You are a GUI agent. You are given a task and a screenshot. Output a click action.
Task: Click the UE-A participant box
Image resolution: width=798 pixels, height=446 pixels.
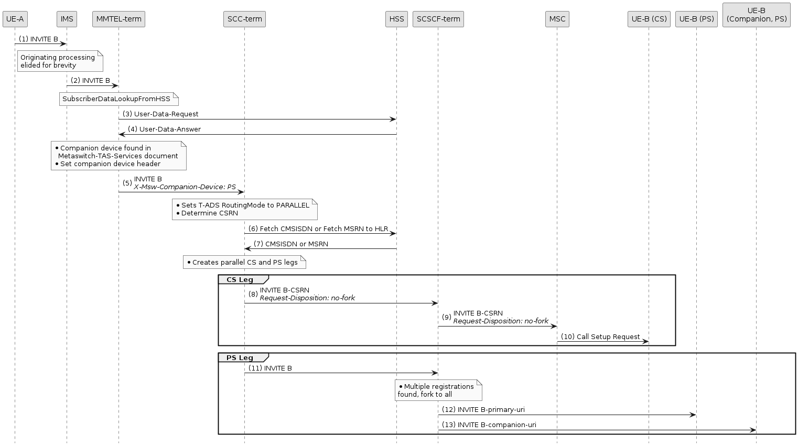click(15, 19)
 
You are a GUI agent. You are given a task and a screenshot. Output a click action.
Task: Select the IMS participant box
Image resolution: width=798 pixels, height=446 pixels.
click(67, 19)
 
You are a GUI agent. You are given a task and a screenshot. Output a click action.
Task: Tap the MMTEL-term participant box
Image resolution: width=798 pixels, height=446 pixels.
click(118, 19)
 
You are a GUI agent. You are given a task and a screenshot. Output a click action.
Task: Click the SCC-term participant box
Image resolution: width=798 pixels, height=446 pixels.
click(244, 19)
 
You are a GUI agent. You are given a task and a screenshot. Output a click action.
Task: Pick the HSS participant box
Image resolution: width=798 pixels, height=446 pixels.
click(396, 19)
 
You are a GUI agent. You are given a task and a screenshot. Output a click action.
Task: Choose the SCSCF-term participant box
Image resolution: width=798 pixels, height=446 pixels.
click(438, 19)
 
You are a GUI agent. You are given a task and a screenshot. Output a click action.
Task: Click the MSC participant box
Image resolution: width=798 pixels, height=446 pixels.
click(557, 19)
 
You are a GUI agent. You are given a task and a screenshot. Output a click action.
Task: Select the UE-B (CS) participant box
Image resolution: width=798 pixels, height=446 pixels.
click(649, 19)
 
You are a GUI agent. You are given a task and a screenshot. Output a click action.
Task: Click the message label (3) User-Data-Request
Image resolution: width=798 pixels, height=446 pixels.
click(160, 114)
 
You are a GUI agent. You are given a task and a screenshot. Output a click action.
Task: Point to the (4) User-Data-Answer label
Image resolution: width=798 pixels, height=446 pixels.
click(164, 129)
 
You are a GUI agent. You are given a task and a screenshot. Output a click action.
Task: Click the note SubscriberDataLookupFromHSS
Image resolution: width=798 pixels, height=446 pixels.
click(118, 99)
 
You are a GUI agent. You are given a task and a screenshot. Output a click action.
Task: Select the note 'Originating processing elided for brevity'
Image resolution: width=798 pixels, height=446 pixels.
click(59, 61)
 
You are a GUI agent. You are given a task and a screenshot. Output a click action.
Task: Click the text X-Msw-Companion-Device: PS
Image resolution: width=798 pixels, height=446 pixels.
click(185, 187)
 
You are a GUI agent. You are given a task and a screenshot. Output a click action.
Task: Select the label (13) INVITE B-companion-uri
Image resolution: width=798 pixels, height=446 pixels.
click(489, 425)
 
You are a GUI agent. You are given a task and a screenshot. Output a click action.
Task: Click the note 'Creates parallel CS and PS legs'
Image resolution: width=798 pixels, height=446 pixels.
click(244, 262)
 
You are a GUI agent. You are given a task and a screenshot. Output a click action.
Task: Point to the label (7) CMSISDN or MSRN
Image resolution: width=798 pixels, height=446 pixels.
click(291, 244)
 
